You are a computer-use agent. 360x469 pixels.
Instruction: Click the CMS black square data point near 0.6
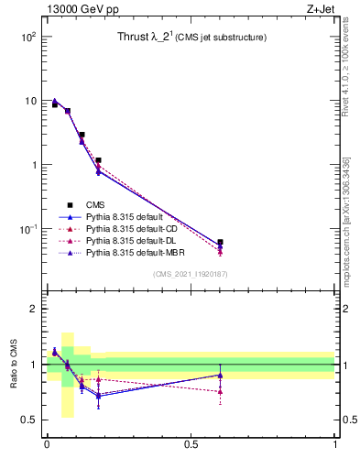[x=220, y=243]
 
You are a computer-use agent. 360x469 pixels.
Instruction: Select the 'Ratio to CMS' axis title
[x=14, y=365]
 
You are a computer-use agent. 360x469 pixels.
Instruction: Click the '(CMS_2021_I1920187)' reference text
[x=191, y=274]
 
